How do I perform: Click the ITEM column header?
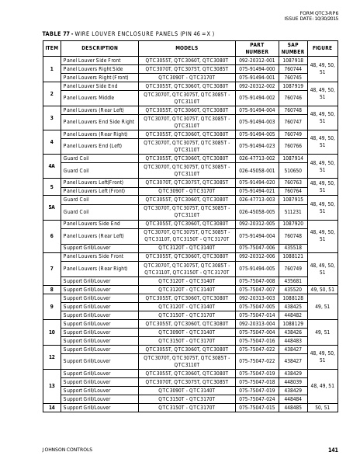click(51, 48)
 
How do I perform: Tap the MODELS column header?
click(186, 48)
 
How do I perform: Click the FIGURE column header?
click(322, 48)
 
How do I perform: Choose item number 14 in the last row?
click(51, 407)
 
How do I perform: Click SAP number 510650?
click(292, 170)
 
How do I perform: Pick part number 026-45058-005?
click(256, 210)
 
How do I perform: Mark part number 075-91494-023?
click(256, 146)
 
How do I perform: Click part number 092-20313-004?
click(256, 323)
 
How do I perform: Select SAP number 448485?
click(292, 407)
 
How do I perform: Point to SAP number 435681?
click(292, 281)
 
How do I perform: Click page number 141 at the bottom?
click(333, 450)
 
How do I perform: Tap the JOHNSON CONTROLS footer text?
click(67, 450)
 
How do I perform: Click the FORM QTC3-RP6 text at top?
click(319, 13)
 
